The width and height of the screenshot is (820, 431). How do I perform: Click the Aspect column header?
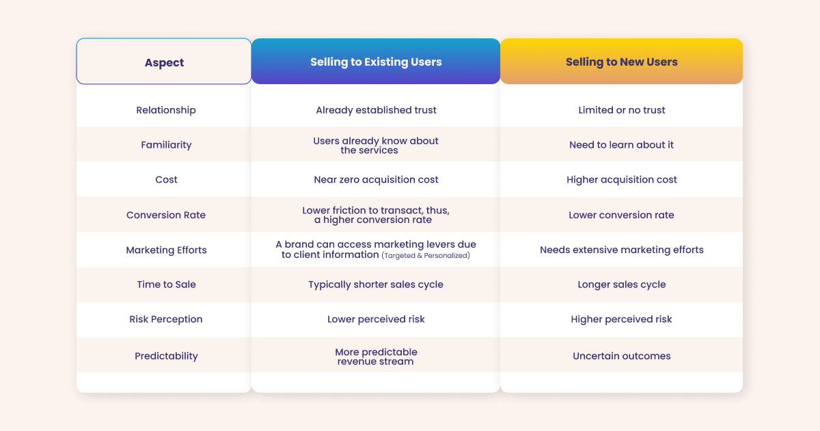164,62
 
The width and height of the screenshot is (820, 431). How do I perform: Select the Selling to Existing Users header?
376,62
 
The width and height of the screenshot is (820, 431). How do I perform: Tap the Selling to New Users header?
621,62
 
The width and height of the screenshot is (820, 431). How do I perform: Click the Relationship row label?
166,110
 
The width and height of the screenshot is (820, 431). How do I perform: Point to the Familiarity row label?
166,145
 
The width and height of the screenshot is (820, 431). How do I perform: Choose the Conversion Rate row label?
166,215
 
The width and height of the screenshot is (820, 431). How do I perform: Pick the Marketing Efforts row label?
166,250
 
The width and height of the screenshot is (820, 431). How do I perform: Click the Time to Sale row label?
166,285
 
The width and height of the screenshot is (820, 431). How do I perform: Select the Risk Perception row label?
166,319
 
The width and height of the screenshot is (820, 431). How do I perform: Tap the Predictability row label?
166,356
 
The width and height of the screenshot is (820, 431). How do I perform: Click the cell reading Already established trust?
376,110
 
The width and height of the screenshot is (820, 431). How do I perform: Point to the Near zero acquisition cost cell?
376,180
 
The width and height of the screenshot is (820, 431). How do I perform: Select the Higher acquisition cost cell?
621,180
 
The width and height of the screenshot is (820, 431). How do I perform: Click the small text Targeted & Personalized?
426,255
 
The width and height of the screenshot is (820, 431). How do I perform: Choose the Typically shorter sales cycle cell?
376,285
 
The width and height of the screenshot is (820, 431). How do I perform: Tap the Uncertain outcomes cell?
621,356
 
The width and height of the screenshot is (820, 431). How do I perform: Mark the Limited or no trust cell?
621,110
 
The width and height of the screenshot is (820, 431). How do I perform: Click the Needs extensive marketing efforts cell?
621,250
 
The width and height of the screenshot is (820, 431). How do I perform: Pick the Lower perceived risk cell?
376,319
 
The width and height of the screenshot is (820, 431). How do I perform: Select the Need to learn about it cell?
621,145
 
